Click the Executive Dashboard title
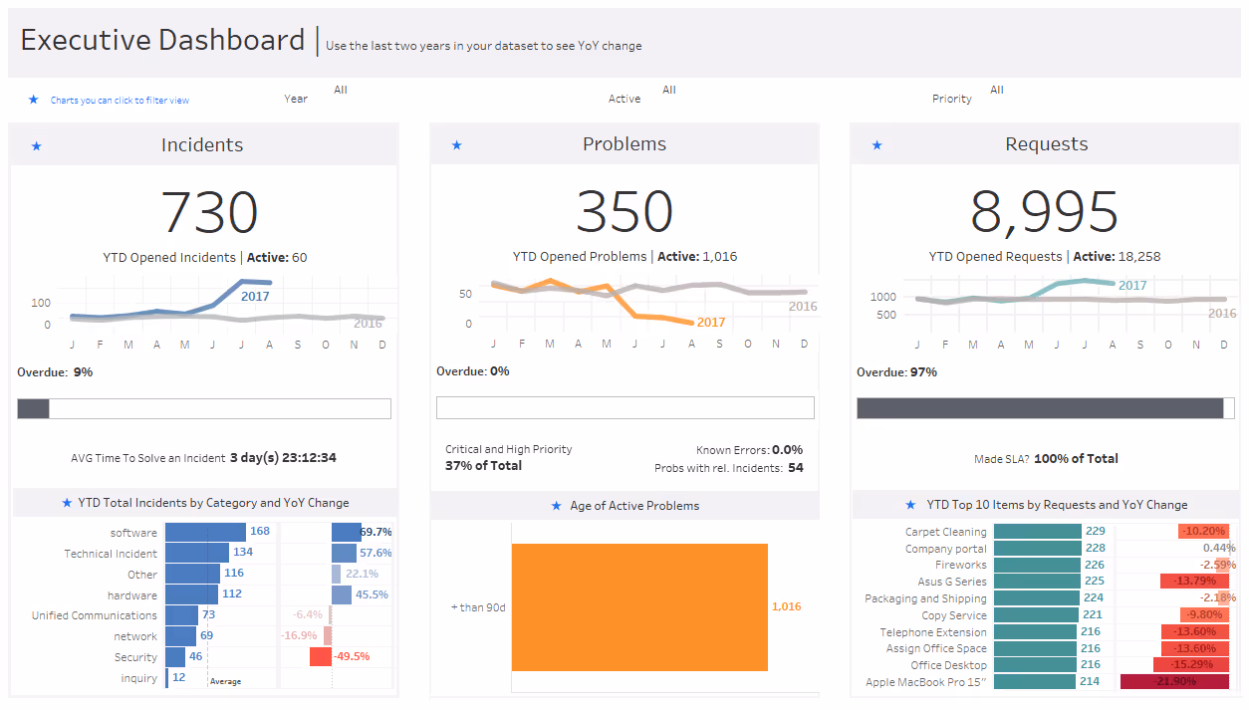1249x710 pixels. tap(162, 41)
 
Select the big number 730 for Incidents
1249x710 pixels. tap(209, 212)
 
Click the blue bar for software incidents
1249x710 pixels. tap(205, 532)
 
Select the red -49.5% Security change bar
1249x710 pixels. tap(321, 656)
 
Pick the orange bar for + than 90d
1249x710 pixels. tap(639, 606)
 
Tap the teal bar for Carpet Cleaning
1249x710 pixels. tap(1037, 532)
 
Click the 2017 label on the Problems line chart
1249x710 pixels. tap(711, 323)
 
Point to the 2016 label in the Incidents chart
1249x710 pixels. tap(368, 323)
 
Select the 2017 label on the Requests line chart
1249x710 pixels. tap(1132, 286)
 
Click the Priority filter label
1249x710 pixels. tap(951, 100)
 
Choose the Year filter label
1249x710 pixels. tap(296, 100)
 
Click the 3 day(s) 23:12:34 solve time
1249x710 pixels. tap(283, 458)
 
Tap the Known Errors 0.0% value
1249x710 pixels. tap(787, 450)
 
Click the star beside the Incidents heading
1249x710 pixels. tap(36, 146)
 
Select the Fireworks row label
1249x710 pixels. tap(960, 566)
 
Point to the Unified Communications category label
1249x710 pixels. tap(94, 615)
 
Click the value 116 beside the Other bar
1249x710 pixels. tap(234, 574)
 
